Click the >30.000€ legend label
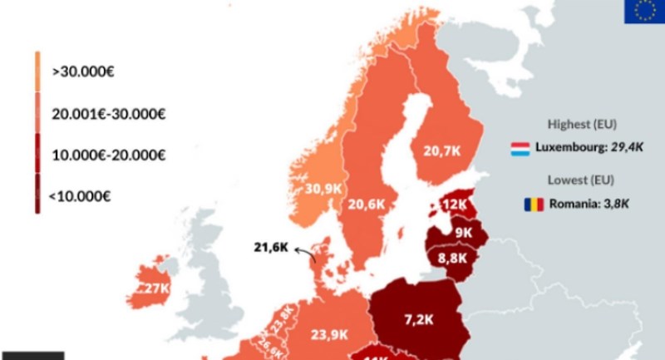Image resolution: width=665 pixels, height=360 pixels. (x=82, y=72)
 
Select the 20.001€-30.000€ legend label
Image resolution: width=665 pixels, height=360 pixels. (x=108, y=113)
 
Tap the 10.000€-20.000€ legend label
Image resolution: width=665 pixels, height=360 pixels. (x=108, y=155)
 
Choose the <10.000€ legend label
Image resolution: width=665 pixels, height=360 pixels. (x=80, y=196)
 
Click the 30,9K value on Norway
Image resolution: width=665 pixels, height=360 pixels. (x=323, y=189)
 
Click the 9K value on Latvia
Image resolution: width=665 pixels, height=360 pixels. (x=462, y=233)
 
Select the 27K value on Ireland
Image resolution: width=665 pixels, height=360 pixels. (x=156, y=288)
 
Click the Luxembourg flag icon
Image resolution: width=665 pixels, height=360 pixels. (x=521, y=150)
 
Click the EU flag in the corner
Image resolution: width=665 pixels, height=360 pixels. (x=644, y=12)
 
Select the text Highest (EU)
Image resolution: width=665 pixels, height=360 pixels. (x=582, y=125)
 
